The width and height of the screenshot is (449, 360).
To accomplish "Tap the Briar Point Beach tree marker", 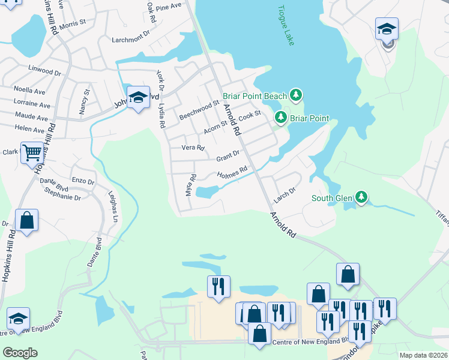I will pyautogui.click(x=295, y=95).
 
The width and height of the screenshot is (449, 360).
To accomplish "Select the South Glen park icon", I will pyautogui.click(x=361, y=197).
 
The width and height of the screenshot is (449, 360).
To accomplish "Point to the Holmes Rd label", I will pyautogui.click(x=232, y=173).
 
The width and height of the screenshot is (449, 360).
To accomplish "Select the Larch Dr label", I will pyautogui.click(x=285, y=192).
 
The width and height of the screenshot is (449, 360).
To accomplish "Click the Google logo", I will pyautogui.click(x=20, y=353).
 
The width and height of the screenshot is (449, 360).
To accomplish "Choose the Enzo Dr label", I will pyautogui.click(x=83, y=181).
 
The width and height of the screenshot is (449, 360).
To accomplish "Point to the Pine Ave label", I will pyautogui.click(x=168, y=7).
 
